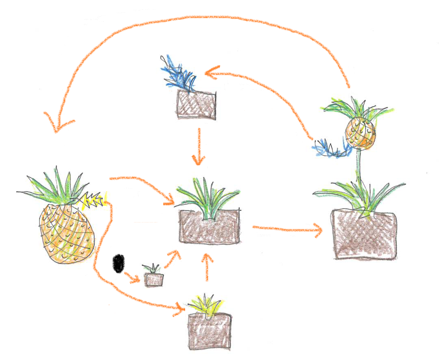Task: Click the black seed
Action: click(118, 263)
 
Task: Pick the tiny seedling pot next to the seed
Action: click(154, 279)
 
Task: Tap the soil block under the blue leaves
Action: click(196, 105)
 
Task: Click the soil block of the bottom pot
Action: click(210, 331)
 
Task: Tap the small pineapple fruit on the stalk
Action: click(359, 132)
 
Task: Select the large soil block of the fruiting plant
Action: click(364, 236)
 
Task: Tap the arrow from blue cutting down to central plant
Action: click(199, 146)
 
